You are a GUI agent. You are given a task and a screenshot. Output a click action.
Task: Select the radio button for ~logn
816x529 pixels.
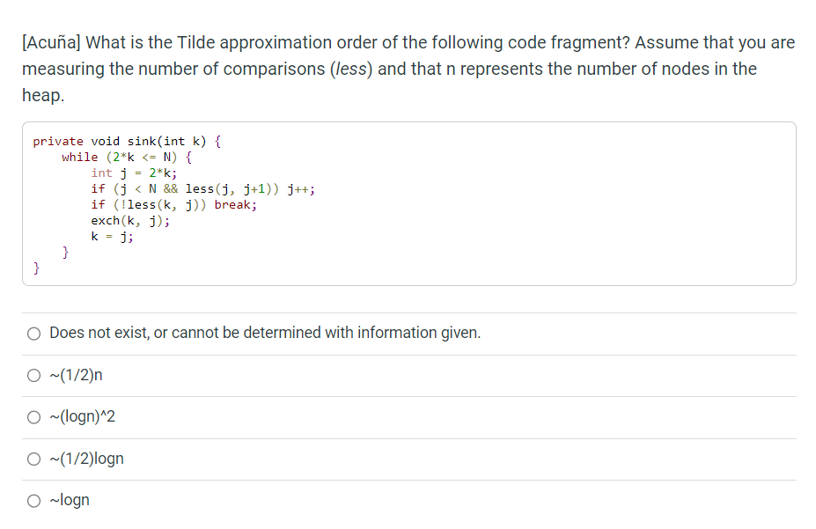[34, 501]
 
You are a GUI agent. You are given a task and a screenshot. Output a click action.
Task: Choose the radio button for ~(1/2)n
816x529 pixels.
[34, 376]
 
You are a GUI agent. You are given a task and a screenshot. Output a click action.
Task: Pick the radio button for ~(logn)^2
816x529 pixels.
[34, 417]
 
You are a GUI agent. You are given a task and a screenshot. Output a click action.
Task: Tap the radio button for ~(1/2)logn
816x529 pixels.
[34, 459]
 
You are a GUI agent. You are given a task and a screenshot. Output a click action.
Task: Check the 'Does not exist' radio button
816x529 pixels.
[34, 333]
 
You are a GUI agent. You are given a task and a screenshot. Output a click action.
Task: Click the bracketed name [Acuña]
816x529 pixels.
[51, 42]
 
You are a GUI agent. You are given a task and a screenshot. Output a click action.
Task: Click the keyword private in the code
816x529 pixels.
[58, 141]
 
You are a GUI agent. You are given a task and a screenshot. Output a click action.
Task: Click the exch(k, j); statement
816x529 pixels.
[131, 220]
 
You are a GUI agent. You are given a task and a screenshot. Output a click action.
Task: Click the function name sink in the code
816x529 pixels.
[143, 141]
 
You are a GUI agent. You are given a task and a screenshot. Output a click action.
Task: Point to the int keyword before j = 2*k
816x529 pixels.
[102, 173]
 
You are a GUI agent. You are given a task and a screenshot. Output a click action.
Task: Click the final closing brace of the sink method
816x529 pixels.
[36, 268]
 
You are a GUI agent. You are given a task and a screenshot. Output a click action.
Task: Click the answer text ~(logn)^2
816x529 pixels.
[83, 417]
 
